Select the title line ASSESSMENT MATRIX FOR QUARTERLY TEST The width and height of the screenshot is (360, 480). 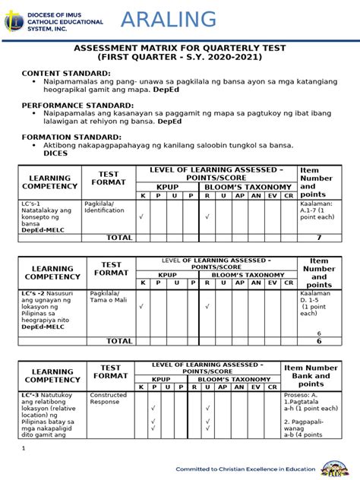tap(179, 47)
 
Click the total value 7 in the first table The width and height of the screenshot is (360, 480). tap(319, 238)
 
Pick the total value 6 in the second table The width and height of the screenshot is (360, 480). tap(319, 341)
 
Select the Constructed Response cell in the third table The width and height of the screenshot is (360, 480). tap(109, 398)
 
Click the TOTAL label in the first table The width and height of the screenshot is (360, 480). tap(119, 238)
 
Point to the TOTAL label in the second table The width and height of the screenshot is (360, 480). tap(119, 341)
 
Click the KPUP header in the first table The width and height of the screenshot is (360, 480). tap(167, 187)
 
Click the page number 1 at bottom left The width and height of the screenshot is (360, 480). tap(24, 448)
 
